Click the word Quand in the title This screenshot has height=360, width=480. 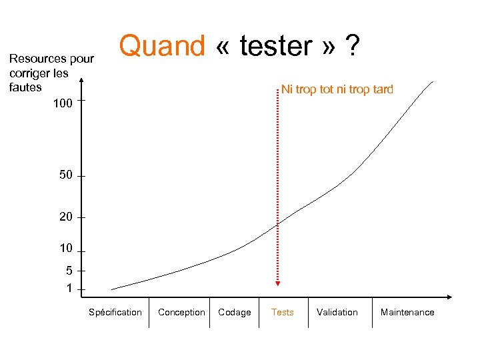coord(162,47)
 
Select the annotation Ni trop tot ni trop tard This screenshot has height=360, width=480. coord(337,89)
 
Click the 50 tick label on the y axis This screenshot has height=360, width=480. coord(65,175)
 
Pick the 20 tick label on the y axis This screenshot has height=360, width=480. coord(65,217)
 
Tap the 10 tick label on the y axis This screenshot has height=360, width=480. coord(65,249)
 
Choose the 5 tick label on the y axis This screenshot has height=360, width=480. coord(69,271)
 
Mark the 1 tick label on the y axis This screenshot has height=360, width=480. coord(69,289)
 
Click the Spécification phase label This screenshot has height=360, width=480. coord(115,312)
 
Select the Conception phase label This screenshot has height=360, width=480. coord(181,312)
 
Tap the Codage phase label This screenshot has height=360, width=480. coord(235,312)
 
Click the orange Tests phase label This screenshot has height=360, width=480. coord(282,312)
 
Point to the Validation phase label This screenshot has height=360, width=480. coord(337,312)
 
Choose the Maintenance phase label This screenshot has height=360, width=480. coord(407,312)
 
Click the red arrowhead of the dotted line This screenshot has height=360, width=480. coord(278,283)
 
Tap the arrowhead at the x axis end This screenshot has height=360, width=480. coord(449,296)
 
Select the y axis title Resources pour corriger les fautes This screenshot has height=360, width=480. coord(51,73)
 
